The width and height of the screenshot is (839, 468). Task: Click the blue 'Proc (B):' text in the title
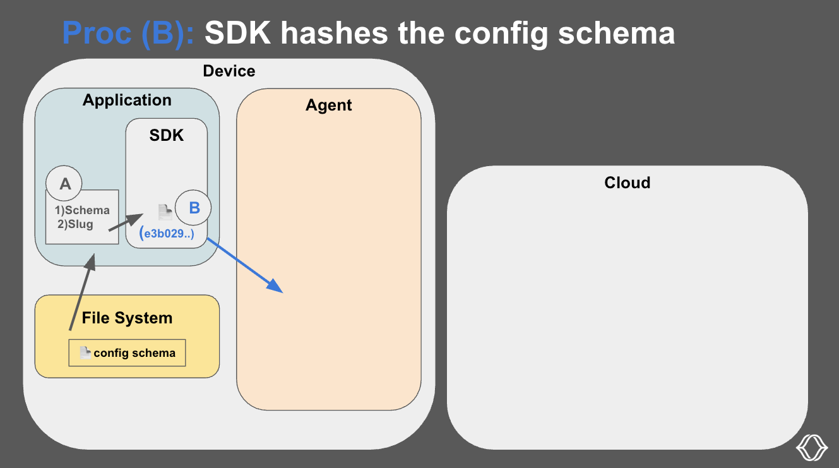[129, 33]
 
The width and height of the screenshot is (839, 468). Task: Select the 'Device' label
[229, 71]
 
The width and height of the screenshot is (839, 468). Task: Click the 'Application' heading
[127, 100]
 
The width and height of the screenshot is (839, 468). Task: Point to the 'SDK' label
[167, 135]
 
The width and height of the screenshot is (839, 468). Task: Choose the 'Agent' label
[328, 105]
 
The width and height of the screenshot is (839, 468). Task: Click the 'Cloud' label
[627, 183]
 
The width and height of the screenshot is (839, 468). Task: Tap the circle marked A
[65, 184]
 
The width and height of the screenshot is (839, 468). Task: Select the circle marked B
[193, 208]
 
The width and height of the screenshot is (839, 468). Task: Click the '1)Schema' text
[82, 210]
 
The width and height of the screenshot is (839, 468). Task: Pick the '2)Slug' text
[75, 224]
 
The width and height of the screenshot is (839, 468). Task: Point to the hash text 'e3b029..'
[167, 235]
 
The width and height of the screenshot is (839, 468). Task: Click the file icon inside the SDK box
[165, 212]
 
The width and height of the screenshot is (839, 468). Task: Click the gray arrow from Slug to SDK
[126, 224]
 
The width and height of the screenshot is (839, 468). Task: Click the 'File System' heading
[127, 318]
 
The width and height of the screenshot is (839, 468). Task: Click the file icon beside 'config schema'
[85, 353]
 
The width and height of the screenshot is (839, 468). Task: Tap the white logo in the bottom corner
[811, 447]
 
